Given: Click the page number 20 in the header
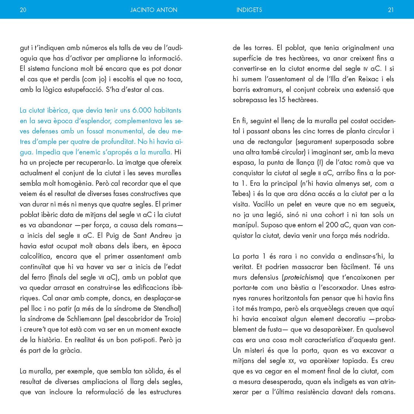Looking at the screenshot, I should (x=23, y=10).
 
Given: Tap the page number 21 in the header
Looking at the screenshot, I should (x=391, y=10).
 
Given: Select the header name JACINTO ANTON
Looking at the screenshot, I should (x=154, y=10).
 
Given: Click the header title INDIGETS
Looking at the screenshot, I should (x=249, y=10).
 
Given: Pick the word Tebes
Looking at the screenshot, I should (x=241, y=194).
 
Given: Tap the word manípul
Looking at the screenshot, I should (x=245, y=225).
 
